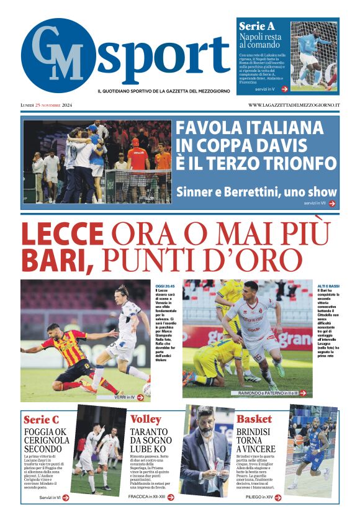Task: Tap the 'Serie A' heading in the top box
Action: (257, 27)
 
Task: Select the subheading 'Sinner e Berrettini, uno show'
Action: (256, 192)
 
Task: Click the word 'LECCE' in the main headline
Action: (62, 235)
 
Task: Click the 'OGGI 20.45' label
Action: (164, 285)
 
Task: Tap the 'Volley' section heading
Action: (146, 419)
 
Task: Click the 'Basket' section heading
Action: (254, 419)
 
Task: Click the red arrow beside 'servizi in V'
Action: (284, 89)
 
